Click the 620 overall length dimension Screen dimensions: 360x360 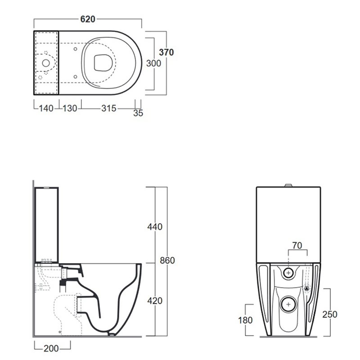(x=88, y=19)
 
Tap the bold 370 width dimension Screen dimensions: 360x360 (x=166, y=52)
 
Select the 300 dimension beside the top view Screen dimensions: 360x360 (x=153, y=63)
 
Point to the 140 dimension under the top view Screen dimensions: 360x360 (x=46, y=108)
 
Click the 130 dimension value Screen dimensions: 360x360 (x=70, y=108)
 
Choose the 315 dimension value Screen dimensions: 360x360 (x=109, y=108)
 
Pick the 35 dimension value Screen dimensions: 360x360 (x=138, y=113)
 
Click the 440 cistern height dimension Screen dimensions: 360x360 (x=155, y=227)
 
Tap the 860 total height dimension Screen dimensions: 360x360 (x=167, y=261)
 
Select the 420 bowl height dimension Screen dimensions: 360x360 (x=155, y=301)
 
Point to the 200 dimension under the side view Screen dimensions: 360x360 (x=51, y=348)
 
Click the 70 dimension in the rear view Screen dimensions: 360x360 (x=297, y=246)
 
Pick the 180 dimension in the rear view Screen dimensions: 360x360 (x=245, y=320)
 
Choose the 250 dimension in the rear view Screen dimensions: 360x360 (x=330, y=315)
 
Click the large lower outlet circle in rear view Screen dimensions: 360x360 (x=288, y=305)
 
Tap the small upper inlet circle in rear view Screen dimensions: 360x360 (x=288, y=273)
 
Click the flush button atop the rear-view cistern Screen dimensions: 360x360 (x=288, y=185)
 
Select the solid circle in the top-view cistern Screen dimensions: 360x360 (x=46, y=63)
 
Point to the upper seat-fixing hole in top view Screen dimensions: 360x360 (x=75, y=49)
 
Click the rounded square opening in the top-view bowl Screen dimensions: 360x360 (x=103, y=63)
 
